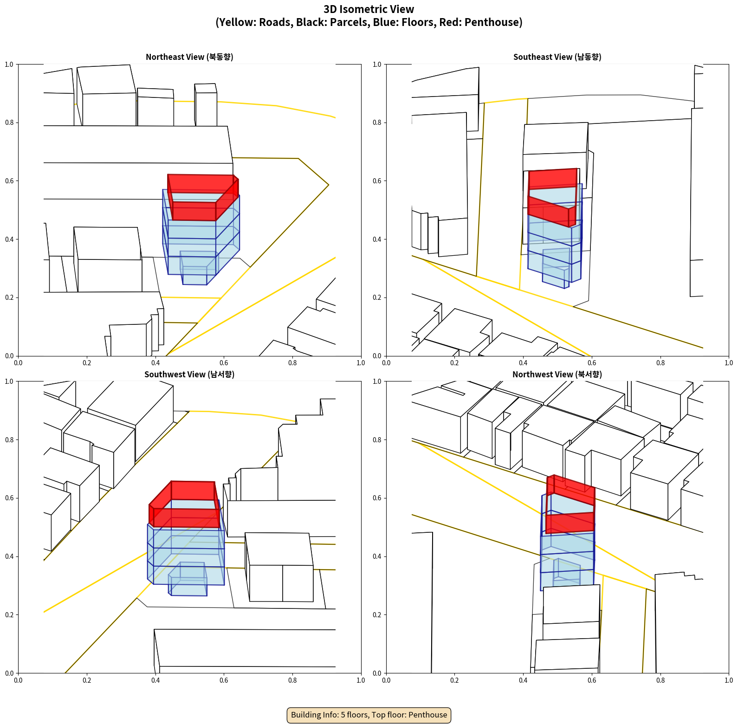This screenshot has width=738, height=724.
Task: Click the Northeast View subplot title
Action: (x=189, y=57)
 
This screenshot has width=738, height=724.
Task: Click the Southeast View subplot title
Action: (x=557, y=57)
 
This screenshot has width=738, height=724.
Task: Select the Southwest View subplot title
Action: (x=189, y=374)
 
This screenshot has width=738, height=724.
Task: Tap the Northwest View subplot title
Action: (x=557, y=374)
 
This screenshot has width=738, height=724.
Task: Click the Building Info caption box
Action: (x=369, y=715)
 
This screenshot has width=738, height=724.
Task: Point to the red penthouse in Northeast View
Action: (x=203, y=197)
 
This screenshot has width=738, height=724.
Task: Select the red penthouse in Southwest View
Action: (x=184, y=504)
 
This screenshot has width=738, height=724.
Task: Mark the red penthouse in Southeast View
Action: (x=552, y=198)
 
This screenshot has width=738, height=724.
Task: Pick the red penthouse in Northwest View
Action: (x=570, y=504)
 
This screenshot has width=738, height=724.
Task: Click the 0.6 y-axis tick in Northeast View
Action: (x=9, y=181)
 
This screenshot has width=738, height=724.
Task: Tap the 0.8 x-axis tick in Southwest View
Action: (x=292, y=680)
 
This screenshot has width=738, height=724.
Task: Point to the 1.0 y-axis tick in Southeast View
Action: (x=377, y=65)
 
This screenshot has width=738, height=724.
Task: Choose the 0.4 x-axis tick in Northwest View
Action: (x=523, y=680)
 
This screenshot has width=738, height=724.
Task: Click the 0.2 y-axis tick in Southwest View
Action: (x=9, y=615)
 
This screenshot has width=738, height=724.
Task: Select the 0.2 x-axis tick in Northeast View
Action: (x=87, y=363)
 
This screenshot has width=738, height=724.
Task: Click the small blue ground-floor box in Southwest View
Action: (x=188, y=579)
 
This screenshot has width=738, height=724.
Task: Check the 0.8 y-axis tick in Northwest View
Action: (x=377, y=440)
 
